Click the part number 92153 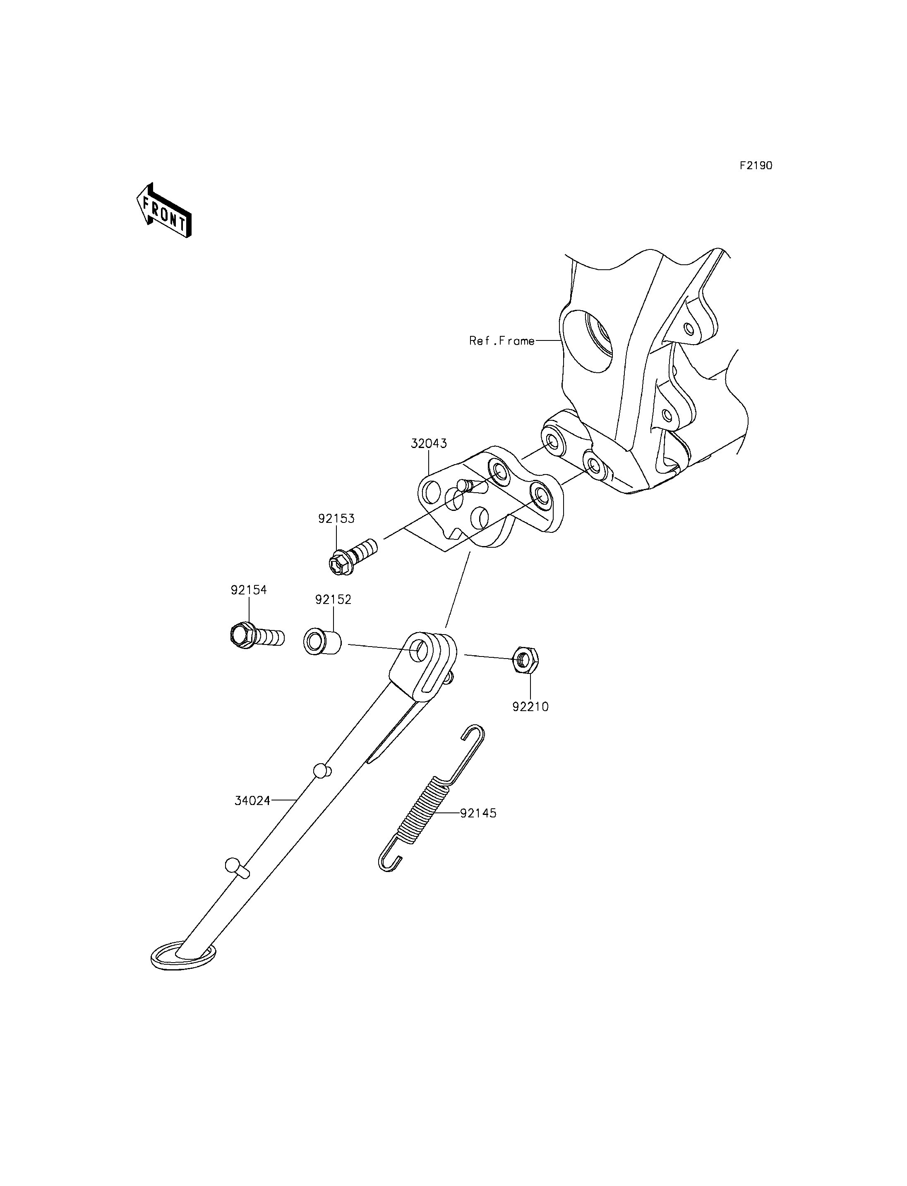coord(336,519)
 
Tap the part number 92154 coord(249,590)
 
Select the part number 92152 coord(333,600)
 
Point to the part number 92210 coord(531,707)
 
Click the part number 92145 coord(478,828)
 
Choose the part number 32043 coord(429,444)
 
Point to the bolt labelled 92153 coord(352,555)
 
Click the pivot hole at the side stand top coord(418,649)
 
